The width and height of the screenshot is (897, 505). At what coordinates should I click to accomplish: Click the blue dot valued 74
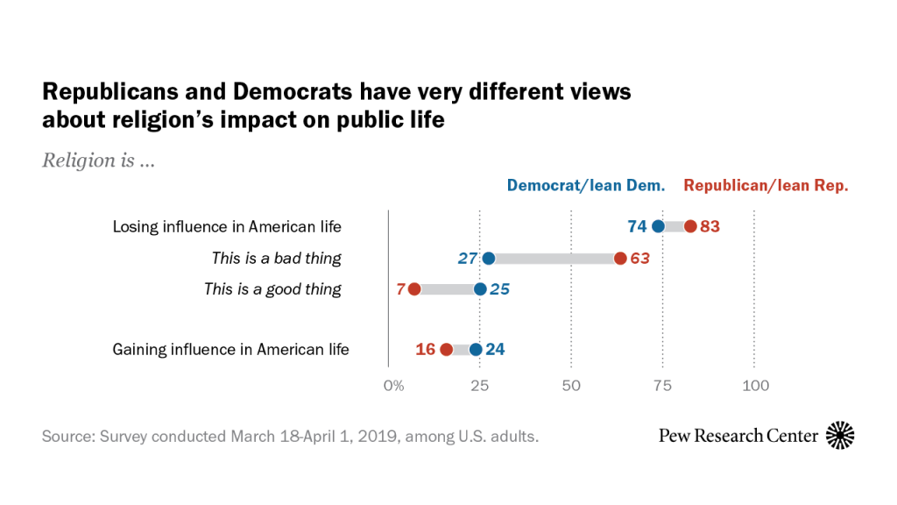[x=659, y=227]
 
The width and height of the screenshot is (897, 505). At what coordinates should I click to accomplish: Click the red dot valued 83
[x=690, y=227]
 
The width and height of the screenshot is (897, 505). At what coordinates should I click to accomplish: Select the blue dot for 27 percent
[x=489, y=259]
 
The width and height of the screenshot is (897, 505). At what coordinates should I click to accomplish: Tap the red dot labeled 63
[x=620, y=259]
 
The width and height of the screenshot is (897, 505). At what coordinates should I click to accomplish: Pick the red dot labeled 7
[x=414, y=289]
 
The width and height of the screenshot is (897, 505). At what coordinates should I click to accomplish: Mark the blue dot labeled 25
[x=480, y=289]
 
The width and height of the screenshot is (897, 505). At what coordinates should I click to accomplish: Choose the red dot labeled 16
[x=447, y=350]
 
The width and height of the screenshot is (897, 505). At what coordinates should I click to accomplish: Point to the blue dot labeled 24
[x=476, y=350]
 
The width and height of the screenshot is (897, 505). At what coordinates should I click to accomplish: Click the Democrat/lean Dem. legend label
[x=585, y=186]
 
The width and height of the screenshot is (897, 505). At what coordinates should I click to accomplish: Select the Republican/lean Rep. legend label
[x=766, y=186]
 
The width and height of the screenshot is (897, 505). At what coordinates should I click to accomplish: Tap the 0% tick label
[x=394, y=386]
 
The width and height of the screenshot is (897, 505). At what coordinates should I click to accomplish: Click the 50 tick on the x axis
[x=571, y=386]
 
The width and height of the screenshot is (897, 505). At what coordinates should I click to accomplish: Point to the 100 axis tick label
[x=755, y=386]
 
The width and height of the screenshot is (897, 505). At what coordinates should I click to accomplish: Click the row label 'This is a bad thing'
[x=276, y=259]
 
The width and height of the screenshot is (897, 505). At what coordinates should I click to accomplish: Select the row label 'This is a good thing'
[x=272, y=289]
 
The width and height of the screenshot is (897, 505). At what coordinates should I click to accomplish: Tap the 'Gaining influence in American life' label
[x=230, y=350]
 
